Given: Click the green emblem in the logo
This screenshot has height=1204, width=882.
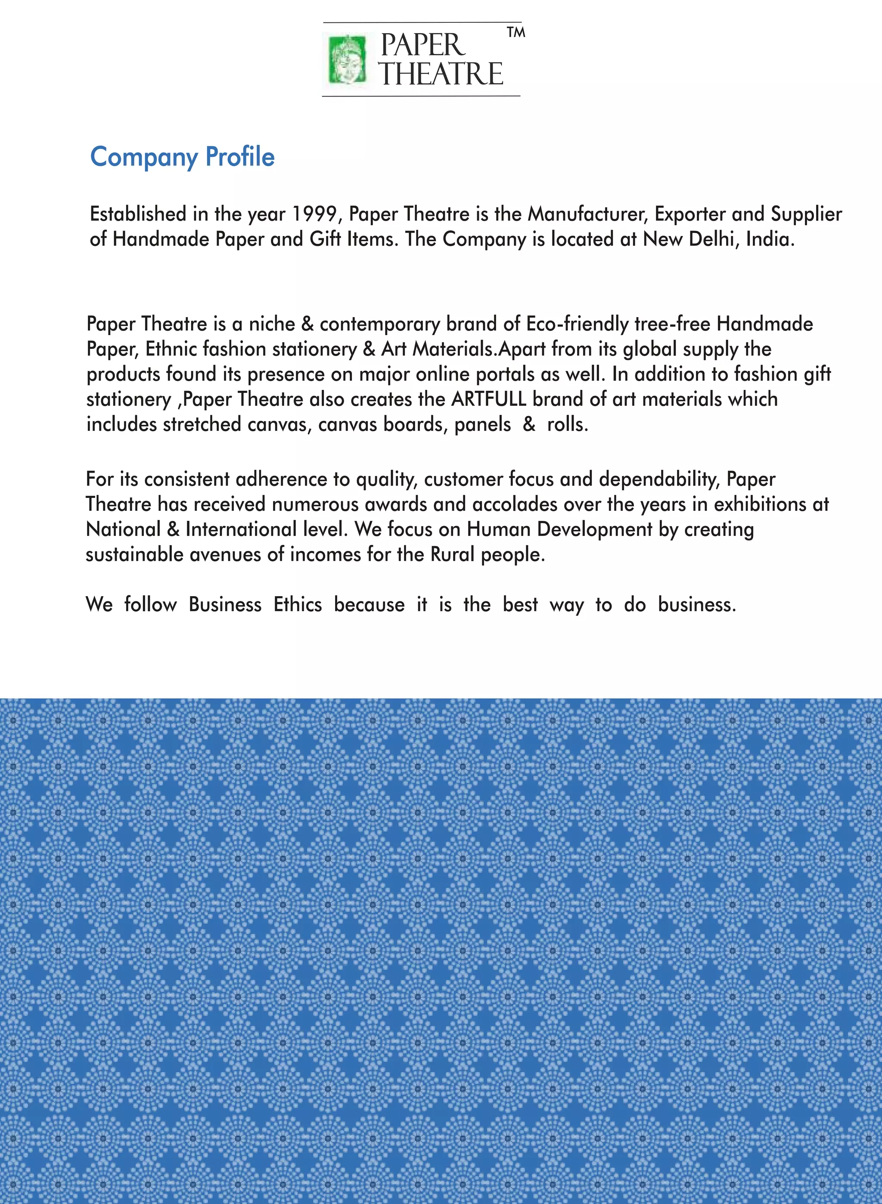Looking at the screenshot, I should pyautogui.click(x=348, y=59).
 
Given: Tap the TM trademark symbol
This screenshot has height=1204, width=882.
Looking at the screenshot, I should pyautogui.click(x=516, y=33).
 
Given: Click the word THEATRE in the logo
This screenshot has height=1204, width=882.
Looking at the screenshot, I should pyautogui.click(x=441, y=74).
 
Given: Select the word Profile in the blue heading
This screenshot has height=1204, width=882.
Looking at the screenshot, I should pyautogui.click(x=240, y=157).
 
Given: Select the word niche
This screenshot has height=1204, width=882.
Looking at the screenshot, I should pyautogui.click(x=272, y=324).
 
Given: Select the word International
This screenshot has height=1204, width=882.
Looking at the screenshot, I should pyautogui.click(x=240, y=530).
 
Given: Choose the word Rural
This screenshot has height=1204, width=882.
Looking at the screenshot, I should pyautogui.click(x=452, y=555).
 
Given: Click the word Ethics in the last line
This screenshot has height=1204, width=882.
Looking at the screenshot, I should pyautogui.click(x=298, y=605).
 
